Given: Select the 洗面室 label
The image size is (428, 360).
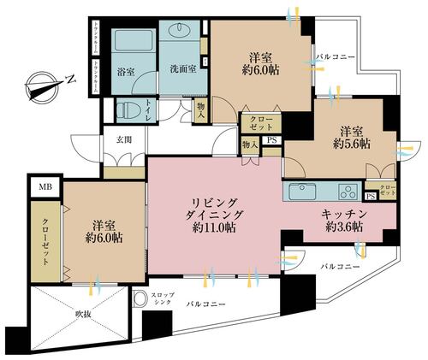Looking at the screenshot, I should (183, 69).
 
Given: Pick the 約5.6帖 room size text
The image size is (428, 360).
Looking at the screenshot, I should (354, 145).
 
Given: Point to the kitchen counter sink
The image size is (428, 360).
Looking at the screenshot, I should (302, 190).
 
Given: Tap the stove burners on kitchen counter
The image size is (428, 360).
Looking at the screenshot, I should (349, 190).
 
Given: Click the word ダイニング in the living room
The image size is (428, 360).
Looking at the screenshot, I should (211, 215).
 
